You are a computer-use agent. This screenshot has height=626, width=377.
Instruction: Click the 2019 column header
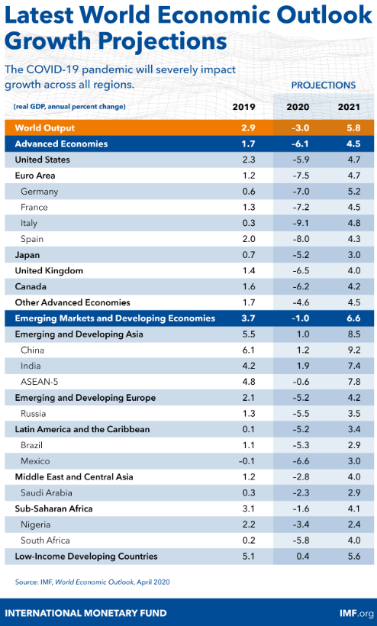(x=243, y=107)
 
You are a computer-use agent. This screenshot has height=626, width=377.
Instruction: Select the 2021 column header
(x=349, y=107)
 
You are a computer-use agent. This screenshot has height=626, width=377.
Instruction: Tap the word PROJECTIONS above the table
(x=324, y=85)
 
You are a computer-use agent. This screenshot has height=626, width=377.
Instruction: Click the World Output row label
(x=45, y=127)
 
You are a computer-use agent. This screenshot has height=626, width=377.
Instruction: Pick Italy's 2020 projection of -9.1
(x=301, y=223)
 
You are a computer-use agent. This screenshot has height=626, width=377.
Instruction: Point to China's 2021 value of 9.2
(x=354, y=350)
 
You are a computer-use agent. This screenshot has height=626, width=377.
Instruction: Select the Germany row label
(x=40, y=192)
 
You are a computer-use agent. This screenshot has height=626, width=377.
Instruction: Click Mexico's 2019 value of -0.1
(x=246, y=461)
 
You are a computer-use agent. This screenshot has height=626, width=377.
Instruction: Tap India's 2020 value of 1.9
(x=303, y=366)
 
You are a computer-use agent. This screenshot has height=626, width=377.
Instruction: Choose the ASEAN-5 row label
(x=40, y=382)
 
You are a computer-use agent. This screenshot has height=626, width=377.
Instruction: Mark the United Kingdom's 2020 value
(x=301, y=271)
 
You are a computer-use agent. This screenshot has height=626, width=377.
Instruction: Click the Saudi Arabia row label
(x=47, y=492)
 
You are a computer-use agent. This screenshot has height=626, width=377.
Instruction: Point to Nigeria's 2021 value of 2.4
(x=354, y=524)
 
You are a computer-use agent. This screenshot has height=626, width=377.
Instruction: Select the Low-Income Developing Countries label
(x=86, y=556)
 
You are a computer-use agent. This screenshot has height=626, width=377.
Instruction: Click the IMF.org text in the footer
(x=356, y=613)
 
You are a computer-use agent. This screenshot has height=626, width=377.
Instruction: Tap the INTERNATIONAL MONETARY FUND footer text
(x=85, y=613)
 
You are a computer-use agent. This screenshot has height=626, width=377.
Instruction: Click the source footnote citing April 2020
(x=92, y=582)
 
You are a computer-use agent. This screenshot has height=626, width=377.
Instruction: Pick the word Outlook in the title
(x=324, y=15)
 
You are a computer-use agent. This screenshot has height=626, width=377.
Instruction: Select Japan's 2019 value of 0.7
(x=249, y=255)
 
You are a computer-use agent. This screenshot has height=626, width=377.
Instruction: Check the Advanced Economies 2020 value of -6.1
(x=300, y=144)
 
